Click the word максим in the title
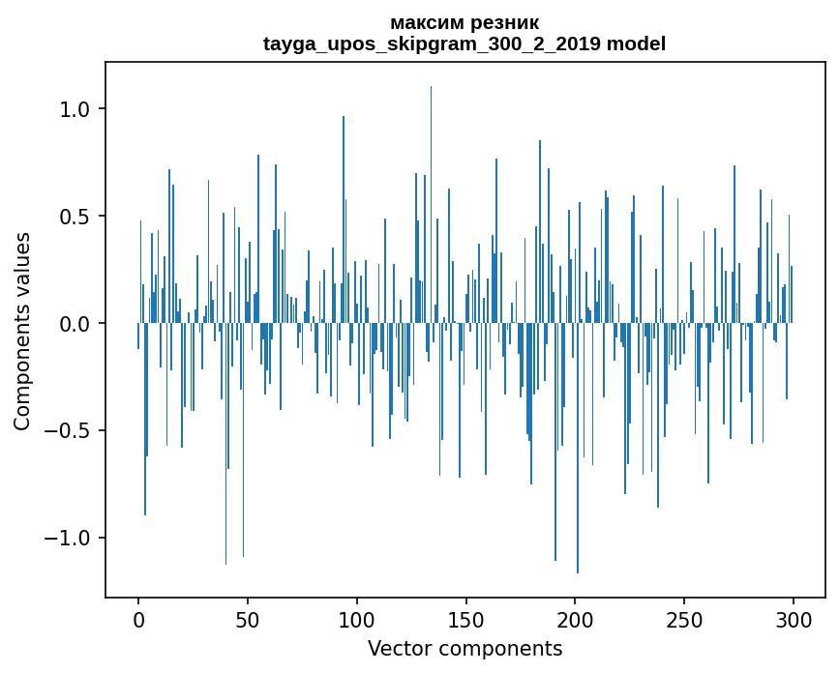(426, 22)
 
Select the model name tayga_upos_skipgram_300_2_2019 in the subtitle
(432, 44)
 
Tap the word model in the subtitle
(636, 44)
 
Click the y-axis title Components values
(21, 331)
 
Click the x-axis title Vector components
(464, 648)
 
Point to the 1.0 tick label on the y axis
(75, 109)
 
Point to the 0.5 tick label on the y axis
(75, 217)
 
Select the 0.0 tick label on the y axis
(75, 324)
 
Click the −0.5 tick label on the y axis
(68, 431)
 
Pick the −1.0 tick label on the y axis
(68, 539)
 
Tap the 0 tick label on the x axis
(138, 618)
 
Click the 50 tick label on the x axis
(248, 618)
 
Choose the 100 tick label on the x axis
(357, 618)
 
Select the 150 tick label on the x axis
(465, 618)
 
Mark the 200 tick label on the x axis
(575, 618)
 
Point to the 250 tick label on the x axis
(684, 618)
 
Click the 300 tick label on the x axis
(794, 618)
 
